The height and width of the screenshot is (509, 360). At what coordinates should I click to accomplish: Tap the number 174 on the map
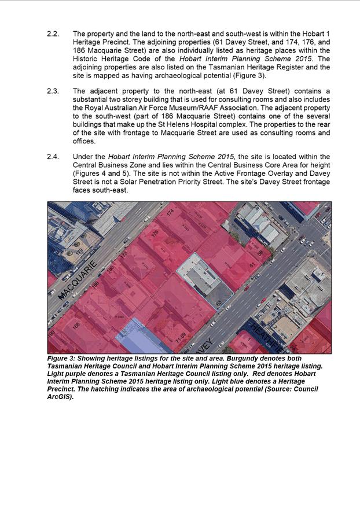(x=170, y=213)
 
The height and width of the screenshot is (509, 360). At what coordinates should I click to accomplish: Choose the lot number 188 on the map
(x=76, y=326)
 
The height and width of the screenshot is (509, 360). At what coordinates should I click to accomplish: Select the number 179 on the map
(x=79, y=252)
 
